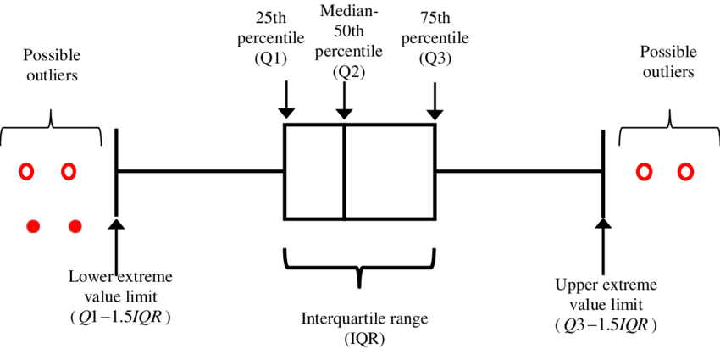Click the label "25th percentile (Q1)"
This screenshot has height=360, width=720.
[271, 38]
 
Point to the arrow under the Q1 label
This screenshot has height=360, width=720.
[286, 99]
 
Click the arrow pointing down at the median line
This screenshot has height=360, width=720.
[344, 99]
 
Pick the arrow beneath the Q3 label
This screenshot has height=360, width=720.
[435, 99]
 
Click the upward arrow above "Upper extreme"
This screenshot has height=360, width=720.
[603, 246]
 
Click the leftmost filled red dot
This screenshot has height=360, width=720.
[33, 226]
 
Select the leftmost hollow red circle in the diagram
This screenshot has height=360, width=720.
[26, 172]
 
